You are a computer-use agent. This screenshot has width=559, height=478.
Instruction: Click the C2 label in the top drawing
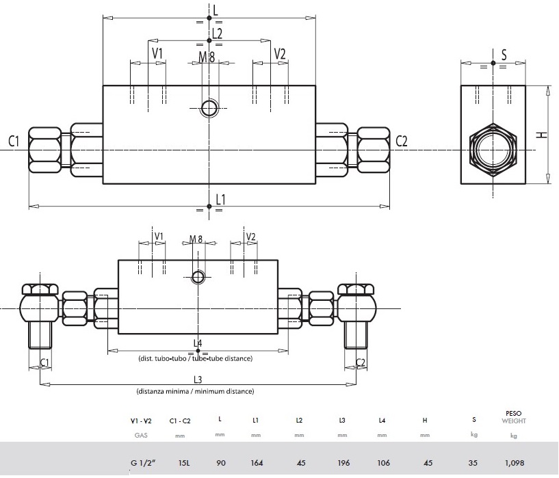402,142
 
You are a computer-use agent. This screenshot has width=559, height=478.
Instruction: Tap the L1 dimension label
220,199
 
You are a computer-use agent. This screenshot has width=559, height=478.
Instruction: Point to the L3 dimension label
198,380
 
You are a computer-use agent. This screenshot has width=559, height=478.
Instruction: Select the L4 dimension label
198,343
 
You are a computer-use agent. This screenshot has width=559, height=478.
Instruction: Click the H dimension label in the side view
542,135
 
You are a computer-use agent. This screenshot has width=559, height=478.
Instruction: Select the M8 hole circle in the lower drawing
198,276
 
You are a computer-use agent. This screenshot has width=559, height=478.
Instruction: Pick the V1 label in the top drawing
157,53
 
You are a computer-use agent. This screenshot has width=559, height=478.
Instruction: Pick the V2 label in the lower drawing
250,237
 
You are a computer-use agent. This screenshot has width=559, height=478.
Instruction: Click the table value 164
257,463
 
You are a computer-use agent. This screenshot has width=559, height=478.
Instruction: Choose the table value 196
343,463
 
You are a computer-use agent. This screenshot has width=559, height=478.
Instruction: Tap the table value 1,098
513,463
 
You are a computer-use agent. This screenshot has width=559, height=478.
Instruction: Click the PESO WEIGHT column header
513,416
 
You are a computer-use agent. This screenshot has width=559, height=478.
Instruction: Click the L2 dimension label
217,32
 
